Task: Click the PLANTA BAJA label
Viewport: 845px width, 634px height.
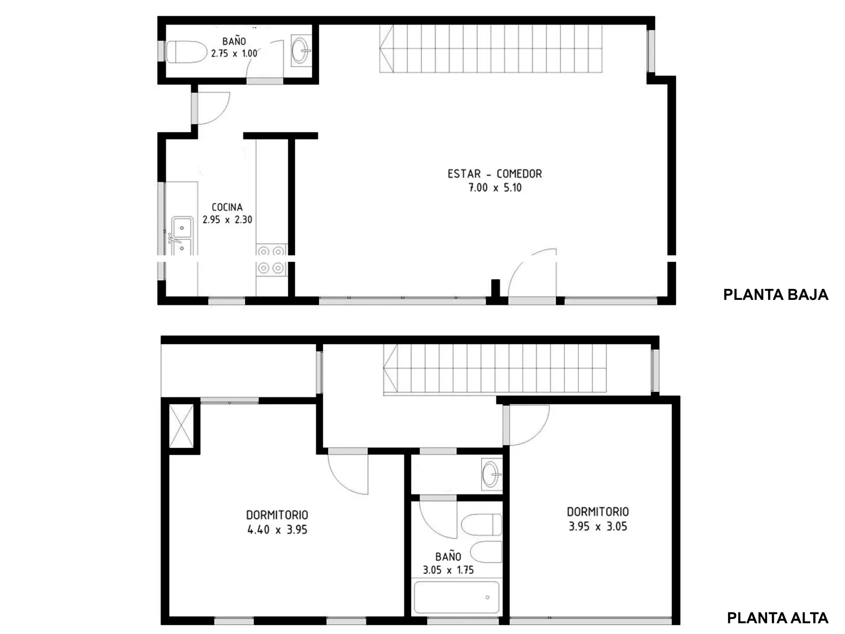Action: [x=775, y=295]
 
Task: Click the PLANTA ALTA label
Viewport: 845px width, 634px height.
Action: [x=777, y=618]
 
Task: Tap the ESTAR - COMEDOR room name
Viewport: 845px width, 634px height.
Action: [x=495, y=174]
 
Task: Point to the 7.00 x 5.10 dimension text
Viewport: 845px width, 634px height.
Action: [x=495, y=188]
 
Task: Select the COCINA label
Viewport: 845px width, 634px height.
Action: [x=227, y=207]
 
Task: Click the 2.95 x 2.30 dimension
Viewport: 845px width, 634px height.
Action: [x=227, y=219]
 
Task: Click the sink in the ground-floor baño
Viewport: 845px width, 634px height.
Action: [x=301, y=51]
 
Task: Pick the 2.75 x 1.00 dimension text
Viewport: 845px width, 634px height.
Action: [x=234, y=53]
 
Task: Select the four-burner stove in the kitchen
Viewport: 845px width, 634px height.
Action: [x=271, y=260]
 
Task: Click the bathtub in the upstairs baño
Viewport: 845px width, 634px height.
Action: [x=457, y=597]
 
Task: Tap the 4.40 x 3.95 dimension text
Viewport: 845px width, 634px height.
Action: [x=277, y=530]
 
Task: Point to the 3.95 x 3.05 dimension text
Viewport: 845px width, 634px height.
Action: [x=598, y=527]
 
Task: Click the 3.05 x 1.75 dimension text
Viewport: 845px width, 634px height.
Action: [x=448, y=570]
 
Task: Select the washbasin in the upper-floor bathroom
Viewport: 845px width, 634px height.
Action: [x=492, y=475]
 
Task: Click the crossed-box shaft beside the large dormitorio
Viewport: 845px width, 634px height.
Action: [x=181, y=426]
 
